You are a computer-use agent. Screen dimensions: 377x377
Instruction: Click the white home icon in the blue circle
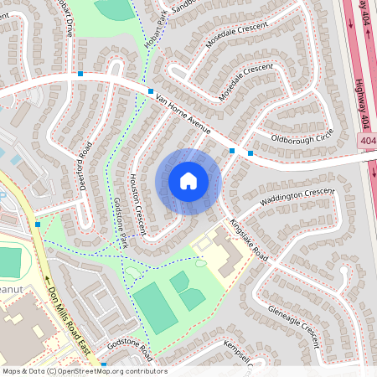pos(188,181)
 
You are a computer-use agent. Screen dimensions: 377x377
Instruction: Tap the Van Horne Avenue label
pos(182,113)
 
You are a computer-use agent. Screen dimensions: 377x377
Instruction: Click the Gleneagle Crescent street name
pos(295,326)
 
